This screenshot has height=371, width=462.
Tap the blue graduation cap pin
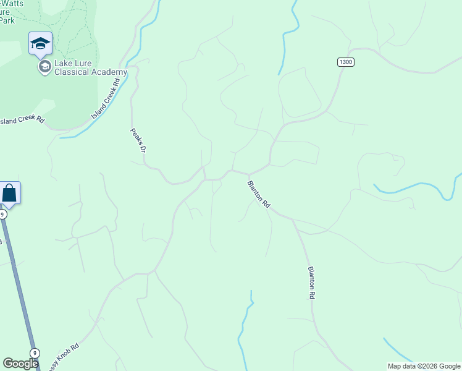tap(40, 43)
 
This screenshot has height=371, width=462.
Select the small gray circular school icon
tap(44, 67)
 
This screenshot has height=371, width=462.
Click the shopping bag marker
tap(9, 193)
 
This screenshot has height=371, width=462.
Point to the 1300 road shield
tap(346, 62)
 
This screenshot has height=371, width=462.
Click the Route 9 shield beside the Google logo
tap(35, 353)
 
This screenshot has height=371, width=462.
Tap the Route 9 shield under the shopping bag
tap(2, 215)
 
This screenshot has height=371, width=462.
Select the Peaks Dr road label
tap(138, 140)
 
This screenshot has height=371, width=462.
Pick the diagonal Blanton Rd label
tap(259, 194)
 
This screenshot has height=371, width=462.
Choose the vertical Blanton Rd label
tap(311, 283)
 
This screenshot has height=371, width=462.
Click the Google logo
tap(20, 364)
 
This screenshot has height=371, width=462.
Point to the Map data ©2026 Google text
tap(424, 366)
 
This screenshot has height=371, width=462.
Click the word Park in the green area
tap(7, 20)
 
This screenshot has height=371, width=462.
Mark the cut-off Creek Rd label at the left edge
tap(22, 119)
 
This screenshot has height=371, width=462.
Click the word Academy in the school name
tap(111, 72)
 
